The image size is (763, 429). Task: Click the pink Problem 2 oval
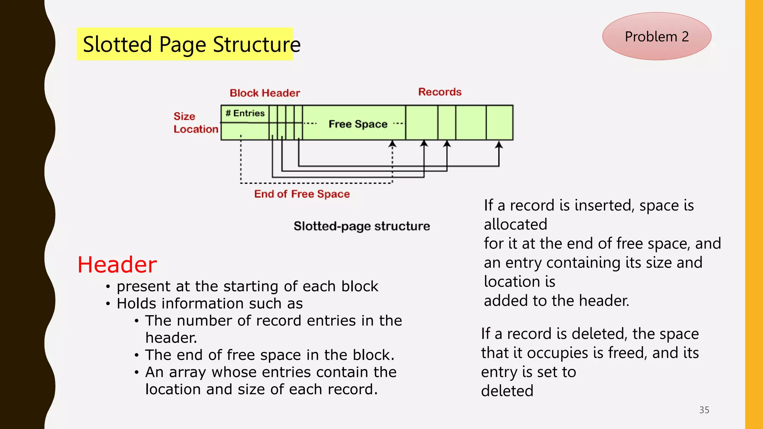656,36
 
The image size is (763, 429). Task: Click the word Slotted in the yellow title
117,44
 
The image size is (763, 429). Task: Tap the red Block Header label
265,93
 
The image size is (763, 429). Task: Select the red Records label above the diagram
440,92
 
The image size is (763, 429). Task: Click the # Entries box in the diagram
245,113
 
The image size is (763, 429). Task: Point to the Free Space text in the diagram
358,124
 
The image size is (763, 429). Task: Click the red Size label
184,116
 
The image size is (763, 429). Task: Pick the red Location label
196,129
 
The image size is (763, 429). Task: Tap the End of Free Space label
302,194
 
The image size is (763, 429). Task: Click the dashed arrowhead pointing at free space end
392,144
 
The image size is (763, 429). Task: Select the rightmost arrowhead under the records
499,145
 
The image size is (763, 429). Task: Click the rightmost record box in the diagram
499,123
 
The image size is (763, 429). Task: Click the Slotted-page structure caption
361,226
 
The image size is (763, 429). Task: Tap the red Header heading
117,265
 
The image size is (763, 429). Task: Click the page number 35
704,410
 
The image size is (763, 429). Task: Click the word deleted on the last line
507,391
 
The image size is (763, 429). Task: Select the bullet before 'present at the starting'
108,287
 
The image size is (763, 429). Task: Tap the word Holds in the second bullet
136,304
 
